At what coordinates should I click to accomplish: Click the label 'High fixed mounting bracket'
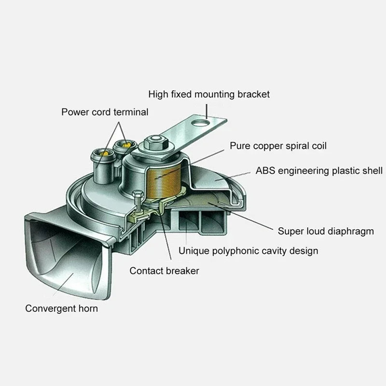[208, 94]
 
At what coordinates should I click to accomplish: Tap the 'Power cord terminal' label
[105, 112]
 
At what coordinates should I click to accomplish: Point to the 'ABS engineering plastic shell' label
[319, 171]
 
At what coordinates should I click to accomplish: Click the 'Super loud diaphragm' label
[326, 231]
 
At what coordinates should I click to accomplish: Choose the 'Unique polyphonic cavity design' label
[248, 251]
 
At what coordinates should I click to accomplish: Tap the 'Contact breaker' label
[164, 271]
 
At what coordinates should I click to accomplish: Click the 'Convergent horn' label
[61, 308]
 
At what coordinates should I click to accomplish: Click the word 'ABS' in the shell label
[265, 171]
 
